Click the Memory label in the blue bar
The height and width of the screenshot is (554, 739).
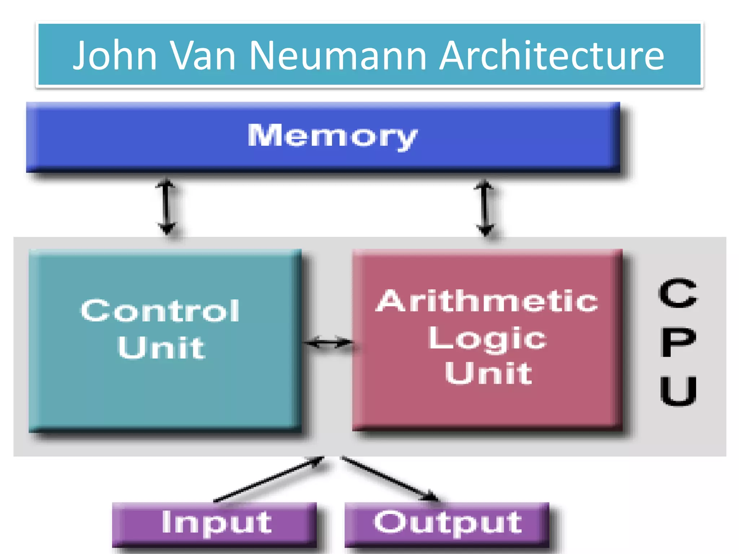tap(332, 136)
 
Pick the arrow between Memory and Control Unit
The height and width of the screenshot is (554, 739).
tap(166, 207)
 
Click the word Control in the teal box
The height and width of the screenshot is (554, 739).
tap(160, 311)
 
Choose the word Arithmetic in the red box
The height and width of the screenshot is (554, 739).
tap(487, 301)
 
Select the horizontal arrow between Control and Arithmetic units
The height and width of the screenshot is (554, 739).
tap(328, 342)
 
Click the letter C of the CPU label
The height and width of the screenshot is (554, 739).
tap(678, 293)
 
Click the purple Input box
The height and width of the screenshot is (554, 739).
tap(214, 524)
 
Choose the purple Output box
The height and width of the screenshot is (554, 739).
tap(447, 524)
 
